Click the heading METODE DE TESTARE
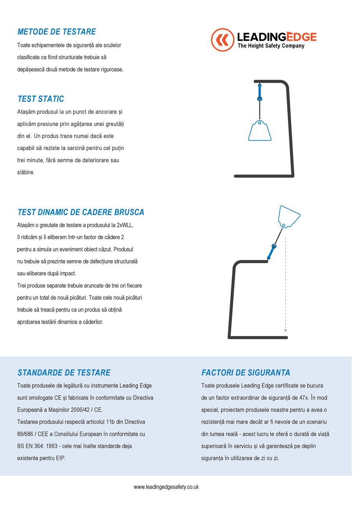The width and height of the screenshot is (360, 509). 56,32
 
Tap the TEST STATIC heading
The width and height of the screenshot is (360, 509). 41,99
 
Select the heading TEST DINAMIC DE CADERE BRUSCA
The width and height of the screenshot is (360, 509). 81,212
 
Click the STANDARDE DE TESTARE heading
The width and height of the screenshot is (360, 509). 64,372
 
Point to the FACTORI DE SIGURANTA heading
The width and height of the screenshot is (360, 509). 246,372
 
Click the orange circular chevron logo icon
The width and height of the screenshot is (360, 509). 223,40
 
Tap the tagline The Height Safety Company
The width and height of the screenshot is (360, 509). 271,46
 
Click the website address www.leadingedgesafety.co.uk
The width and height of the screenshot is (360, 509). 166,487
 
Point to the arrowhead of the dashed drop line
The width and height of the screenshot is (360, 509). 286,331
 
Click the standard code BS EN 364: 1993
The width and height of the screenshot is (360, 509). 40,446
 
